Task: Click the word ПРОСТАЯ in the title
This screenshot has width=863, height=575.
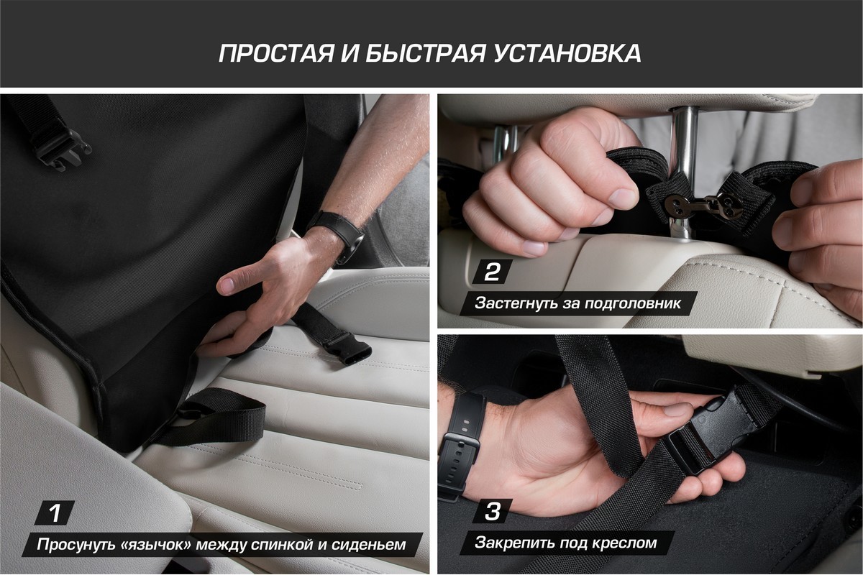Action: (x=276, y=53)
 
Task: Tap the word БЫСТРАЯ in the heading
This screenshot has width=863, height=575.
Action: (x=424, y=53)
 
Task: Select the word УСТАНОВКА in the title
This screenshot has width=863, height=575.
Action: (x=567, y=53)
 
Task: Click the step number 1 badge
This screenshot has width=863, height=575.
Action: (x=55, y=512)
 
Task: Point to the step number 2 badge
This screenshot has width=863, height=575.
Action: (x=492, y=272)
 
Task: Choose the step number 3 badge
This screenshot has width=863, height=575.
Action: (x=492, y=511)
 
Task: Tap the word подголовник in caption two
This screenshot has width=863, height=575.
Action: (x=633, y=303)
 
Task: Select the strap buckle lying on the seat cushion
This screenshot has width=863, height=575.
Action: (x=347, y=350)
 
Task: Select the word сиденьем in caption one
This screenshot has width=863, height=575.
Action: (x=369, y=545)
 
